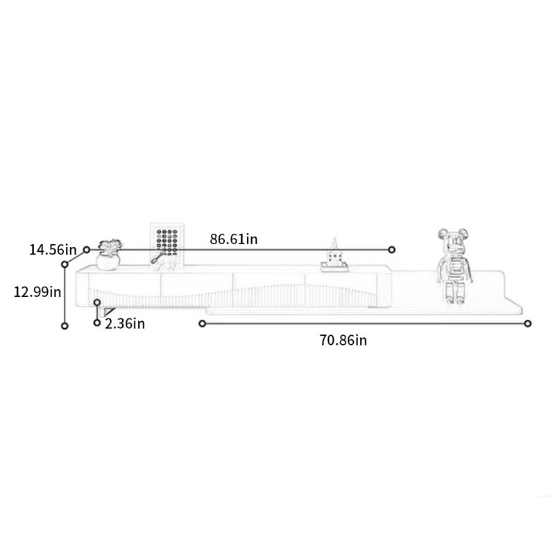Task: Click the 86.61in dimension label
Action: pyautogui.click(x=234, y=239)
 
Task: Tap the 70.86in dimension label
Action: pyautogui.click(x=343, y=340)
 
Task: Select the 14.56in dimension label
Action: pyautogui.click(x=53, y=250)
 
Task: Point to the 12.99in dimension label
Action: pyautogui.click(x=37, y=292)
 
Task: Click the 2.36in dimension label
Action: pyautogui.click(x=125, y=324)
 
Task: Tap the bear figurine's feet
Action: pyautogui.click(x=455, y=300)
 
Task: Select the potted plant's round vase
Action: pyautogui.click(x=108, y=262)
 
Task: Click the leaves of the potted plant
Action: pyautogui.click(x=110, y=246)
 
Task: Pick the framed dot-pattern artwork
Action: pyautogui.click(x=167, y=244)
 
